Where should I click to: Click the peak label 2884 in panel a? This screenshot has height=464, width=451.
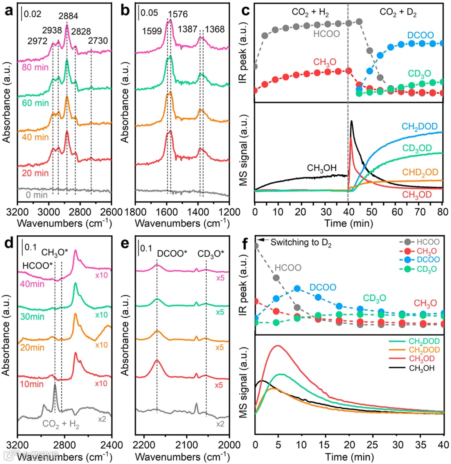(x=67, y=16)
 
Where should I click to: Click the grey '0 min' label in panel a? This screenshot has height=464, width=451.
(x=30, y=194)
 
